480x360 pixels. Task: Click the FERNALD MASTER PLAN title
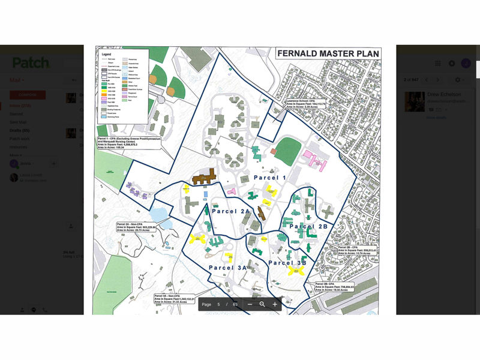(x=328, y=53)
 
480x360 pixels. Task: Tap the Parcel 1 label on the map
(x=270, y=178)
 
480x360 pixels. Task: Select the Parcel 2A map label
(x=230, y=211)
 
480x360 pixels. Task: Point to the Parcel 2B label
(x=308, y=226)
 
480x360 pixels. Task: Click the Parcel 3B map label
(x=287, y=263)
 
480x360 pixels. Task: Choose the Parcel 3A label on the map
(x=228, y=267)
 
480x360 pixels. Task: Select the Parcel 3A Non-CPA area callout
(x=174, y=299)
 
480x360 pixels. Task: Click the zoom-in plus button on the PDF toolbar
(x=275, y=304)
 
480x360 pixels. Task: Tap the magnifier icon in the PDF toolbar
(x=262, y=304)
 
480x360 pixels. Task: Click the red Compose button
(x=27, y=95)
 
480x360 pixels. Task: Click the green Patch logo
(x=32, y=63)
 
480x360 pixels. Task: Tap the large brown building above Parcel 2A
(x=205, y=177)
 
